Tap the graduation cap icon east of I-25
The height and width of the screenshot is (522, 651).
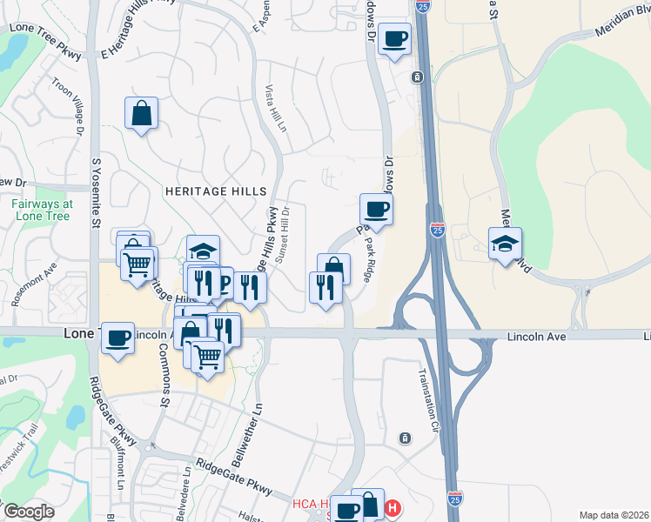coord(505,244)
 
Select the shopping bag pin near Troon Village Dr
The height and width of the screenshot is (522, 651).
coord(141,113)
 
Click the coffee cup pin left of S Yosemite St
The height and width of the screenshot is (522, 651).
coord(117,338)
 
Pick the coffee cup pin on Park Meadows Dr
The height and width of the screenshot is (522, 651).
coord(376,209)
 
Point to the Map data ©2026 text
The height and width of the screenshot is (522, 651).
coord(614,515)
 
